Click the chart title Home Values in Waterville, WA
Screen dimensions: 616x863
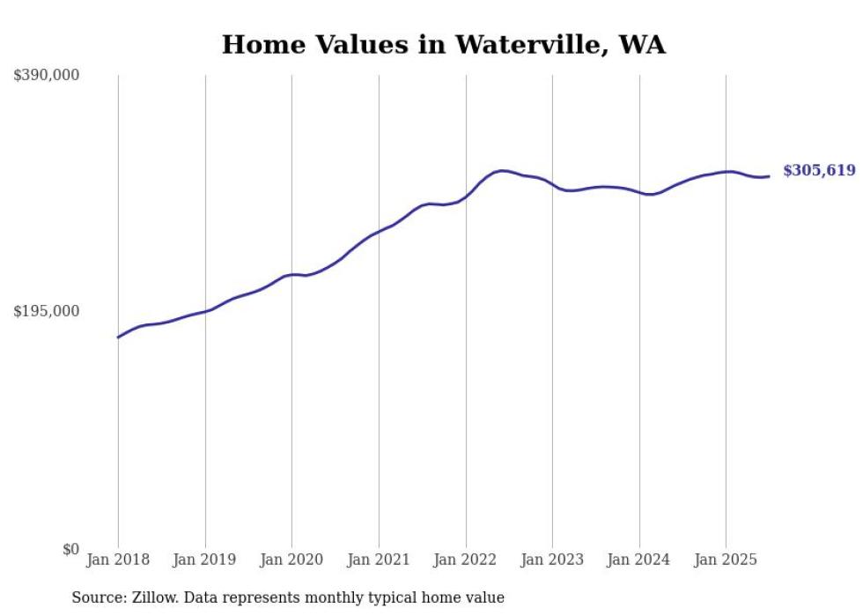[x=443, y=44]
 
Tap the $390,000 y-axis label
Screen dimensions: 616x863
[x=46, y=76]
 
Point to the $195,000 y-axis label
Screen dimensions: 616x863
[x=46, y=311]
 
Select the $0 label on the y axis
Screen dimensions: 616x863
[x=70, y=549]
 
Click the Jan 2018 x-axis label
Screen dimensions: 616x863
[x=118, y=560]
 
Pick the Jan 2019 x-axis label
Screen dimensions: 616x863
[x=205, y=560]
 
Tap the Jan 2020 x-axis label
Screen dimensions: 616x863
[x=291, y=560]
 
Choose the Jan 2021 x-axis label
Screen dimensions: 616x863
[x=379, y=560]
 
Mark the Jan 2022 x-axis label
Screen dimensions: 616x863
[x=466, y=560]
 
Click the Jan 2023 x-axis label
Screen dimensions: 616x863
[x=552, y=560]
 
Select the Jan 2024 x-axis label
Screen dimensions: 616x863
[x=639, y=560]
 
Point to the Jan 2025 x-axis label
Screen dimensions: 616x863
[x=726, y=560]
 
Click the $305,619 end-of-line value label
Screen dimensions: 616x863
[x=819, y=171]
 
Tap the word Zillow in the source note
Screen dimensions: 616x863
[x=151, y=597]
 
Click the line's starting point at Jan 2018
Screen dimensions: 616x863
[x=118, y=338]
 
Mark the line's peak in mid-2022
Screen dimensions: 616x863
[x=501, y=171]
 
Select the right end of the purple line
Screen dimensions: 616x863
[x=769, y=176]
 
